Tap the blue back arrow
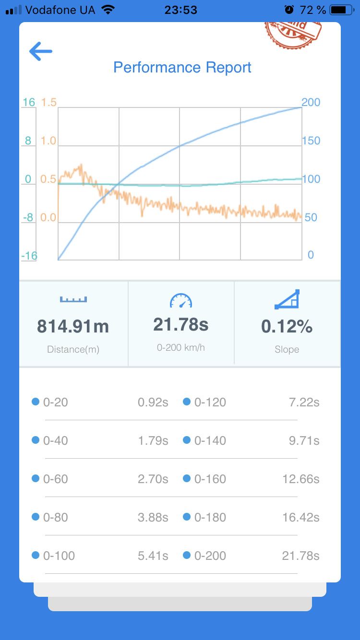pyautogui.click(x=40, y=51)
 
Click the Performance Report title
pyautogui.click(x=182, y=67)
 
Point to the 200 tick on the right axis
pyautogui.click(x=311, y=102)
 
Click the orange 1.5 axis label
pyautogui.click(x=48, y=102)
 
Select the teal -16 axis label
pyautogui.click(x=29, y=256)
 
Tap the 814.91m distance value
pyautogui.click(x=73, y=327)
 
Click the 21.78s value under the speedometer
pyautogui.click(x=181, y=325)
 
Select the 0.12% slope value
pyautogui.click(x=287, y=327)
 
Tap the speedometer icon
pyautogui.click(x=181, y=301)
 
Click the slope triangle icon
pyautogui.click(x=287, y=300)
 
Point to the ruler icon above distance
pyautogui.click(x=73, y=299)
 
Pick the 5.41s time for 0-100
pyautogui.click(x=153, y=556)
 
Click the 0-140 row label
pyautogui.click(x=210, y=441)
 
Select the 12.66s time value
pyautogui.click(x=301, y=479)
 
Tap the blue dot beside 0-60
pyautogui.click(x=35, y=479)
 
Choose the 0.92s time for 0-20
pyautogui.click(x=153, y=403)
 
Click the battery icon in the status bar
pyautogui.click(x=341, y=10)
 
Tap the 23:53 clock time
pyautogui.click(x=181, y=10)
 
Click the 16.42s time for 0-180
pyautogui.click(x=301, y=518)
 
